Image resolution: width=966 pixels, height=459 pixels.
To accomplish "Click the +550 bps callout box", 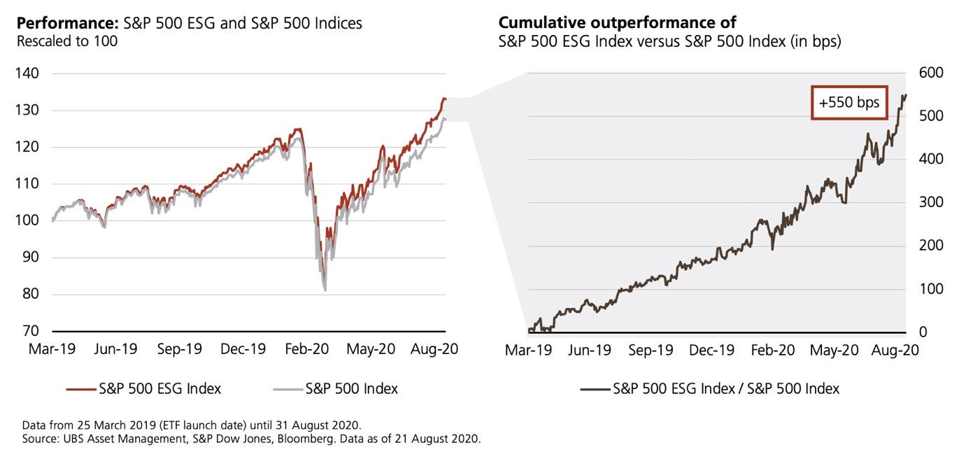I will pyautogui.click(x=848, y=103).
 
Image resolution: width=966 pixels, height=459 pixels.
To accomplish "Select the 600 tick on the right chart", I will pyautogui.click(x=930, y=73).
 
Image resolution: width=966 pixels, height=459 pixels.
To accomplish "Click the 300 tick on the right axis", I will pyautogui.click(x=930, y=202).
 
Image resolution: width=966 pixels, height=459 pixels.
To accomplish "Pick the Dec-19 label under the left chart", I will pyautogui.click(x=243, y=349).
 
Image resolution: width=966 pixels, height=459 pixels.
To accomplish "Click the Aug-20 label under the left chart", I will pyautogui.click(x=435, y=349).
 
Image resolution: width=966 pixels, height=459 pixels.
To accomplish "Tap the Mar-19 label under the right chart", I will pyautogui.click(x=529, y=351).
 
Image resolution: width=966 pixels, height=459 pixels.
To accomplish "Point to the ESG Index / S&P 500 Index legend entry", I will pyautogui.click(x=710, y=389).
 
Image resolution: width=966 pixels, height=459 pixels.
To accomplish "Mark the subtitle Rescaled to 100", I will pyautogui.click(x=67, y=41).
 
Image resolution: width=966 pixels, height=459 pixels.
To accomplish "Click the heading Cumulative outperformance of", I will pyautogui.click(x=618, y=23).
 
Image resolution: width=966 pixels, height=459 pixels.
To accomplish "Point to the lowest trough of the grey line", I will pyautogui.click(x=325, y=290).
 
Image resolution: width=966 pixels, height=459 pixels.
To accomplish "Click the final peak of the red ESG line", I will pyautogui.click(x=443, y=99).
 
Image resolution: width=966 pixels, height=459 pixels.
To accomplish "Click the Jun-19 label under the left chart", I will pyautogui.click(x=116, y=349).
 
